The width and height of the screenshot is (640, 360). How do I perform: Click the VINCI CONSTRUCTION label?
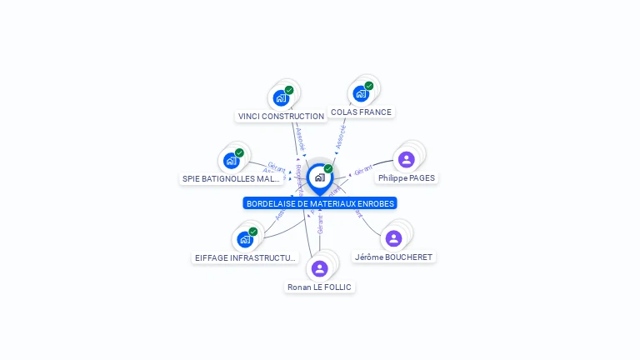click(281, 117)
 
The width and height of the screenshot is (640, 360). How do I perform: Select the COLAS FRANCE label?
click(361, 112)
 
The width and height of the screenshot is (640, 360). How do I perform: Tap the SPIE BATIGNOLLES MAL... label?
click(232, 178)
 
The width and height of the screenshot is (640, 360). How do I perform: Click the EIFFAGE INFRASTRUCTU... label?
click(245, 257)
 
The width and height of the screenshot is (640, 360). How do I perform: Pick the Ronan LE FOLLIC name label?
click(320, 287)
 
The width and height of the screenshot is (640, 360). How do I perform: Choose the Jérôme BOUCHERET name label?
click(394, 257)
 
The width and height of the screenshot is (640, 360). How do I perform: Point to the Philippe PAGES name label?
click(407, 177)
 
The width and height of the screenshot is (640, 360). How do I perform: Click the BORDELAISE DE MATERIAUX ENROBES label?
click(320, 203)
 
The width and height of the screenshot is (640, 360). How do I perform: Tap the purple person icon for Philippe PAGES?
click(407, 159)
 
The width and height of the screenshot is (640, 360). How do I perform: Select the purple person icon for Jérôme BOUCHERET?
click(394, 238)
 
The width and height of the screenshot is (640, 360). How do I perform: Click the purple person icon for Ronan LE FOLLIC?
click(319, 268)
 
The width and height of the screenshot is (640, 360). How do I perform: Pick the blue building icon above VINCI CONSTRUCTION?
click(281, 97)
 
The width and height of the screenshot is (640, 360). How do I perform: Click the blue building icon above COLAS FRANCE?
click(361, 93)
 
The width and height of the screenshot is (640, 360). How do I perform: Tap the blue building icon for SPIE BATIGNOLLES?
click(231, 161)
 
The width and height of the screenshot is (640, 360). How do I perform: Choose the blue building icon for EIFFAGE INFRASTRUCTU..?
click(244, 239)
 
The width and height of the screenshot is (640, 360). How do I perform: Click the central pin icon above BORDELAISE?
click(319, 177)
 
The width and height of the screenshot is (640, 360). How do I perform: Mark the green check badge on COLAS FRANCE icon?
click(369, 85)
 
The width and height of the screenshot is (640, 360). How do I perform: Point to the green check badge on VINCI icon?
click(289, 90)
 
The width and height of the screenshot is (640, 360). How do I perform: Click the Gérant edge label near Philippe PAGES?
click(362, 171)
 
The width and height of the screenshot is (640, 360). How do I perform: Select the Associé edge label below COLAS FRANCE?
click(341, 138)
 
